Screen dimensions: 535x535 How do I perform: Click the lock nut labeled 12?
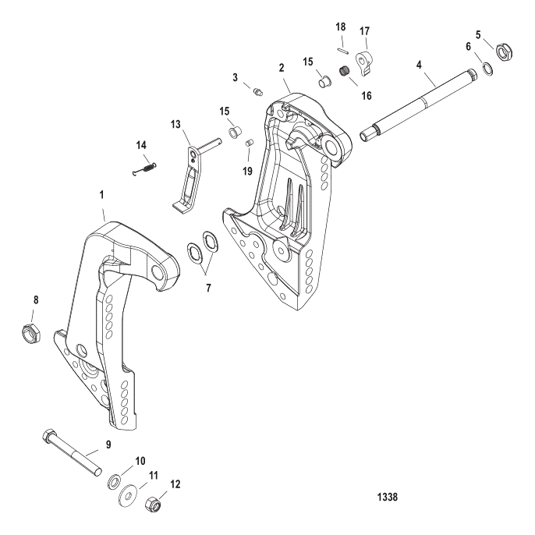pyautogui.click(x=154, y=506)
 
